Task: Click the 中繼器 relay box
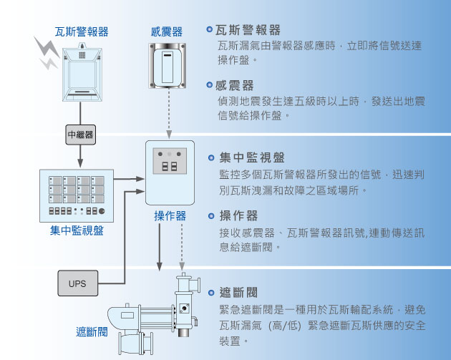pos(80,134)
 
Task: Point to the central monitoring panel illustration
pos(77,196)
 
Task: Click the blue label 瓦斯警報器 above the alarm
pos(82,31)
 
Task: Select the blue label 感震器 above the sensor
pos(167,31)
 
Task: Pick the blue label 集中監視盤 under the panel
pos(77,230)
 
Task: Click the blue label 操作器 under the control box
pos(170,215)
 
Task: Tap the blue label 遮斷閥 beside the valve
pos(92,332)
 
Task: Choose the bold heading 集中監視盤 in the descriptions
pos(252,157)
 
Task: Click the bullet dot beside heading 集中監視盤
pos(211,157)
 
